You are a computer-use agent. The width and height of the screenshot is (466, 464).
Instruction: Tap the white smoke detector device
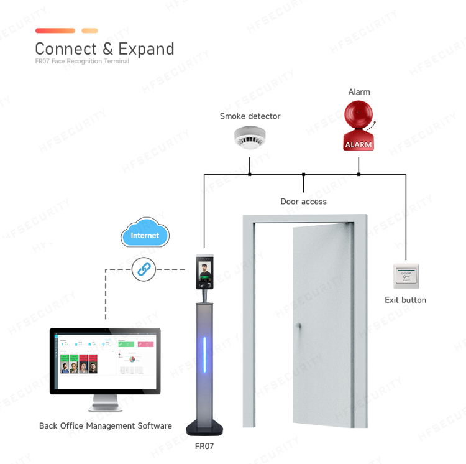(x=250, y=137)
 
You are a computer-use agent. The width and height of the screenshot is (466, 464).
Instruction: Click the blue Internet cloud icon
(x=144, y=234)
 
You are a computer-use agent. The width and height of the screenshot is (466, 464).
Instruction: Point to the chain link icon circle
(x=144, y=269)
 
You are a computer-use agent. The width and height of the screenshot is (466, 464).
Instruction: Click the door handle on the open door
(x=298, y=326)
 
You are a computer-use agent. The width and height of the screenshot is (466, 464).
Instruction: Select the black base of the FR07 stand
(x=205, y=429)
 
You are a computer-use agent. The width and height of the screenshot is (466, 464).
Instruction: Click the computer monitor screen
(x=105, y=361)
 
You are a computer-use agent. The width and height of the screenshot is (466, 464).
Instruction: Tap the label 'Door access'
(x=303, y=202)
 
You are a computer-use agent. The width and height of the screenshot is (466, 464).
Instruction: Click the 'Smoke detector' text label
(x=250, y=116)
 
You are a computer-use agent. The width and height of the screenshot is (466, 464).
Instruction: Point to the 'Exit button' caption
(x=406, y=300)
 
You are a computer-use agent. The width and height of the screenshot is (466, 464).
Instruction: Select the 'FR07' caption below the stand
(x=204, y=446)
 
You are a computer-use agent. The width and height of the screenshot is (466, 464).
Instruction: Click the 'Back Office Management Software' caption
(x=105, y=426)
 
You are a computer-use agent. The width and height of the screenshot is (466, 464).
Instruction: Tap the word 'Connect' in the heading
(x=66, y=49)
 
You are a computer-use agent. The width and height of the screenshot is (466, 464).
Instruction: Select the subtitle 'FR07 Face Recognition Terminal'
(x=82, y=62)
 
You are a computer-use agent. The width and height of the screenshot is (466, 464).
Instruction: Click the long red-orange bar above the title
(x=55, y=30)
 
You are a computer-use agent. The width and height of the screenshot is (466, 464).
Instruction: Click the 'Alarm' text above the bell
(x=359, y=92)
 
